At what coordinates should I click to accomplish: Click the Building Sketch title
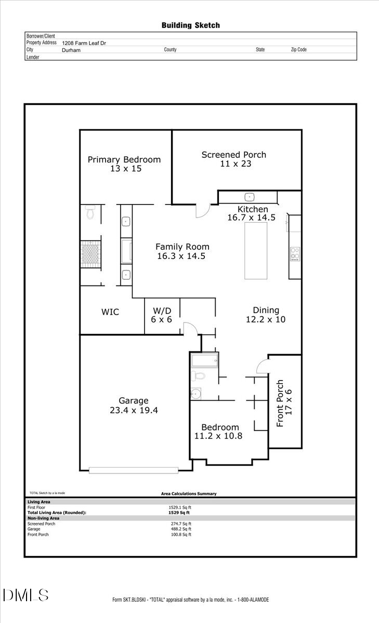[190, 25]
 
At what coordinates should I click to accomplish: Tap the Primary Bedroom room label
[124, 159]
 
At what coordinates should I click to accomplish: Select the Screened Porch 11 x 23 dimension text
[233, 164]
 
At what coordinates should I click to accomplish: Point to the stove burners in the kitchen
[295, 254]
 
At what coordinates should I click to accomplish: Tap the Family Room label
[182, 247]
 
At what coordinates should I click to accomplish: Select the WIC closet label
[110, 312]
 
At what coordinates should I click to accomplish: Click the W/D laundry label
[161, 311]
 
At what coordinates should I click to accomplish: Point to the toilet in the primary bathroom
[90, 212]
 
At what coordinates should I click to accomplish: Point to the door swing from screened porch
[202, 210]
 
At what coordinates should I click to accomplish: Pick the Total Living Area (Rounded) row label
[57, 512]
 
